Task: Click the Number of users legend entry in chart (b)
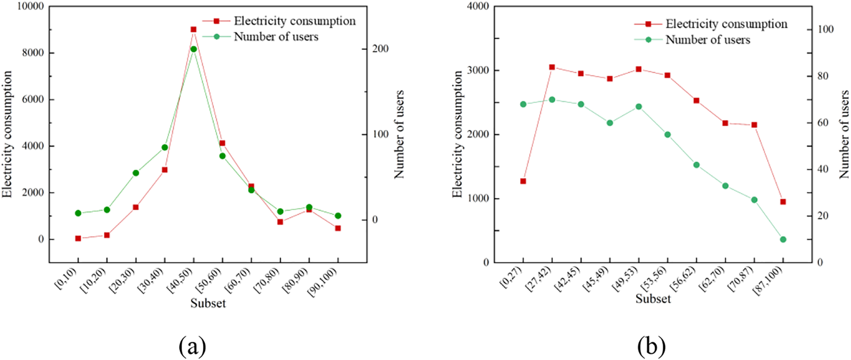(708, 40)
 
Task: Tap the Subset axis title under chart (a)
(208, 303)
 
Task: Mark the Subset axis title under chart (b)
(653, 299)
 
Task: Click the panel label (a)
(193, 346)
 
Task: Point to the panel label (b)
(652, 346)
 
